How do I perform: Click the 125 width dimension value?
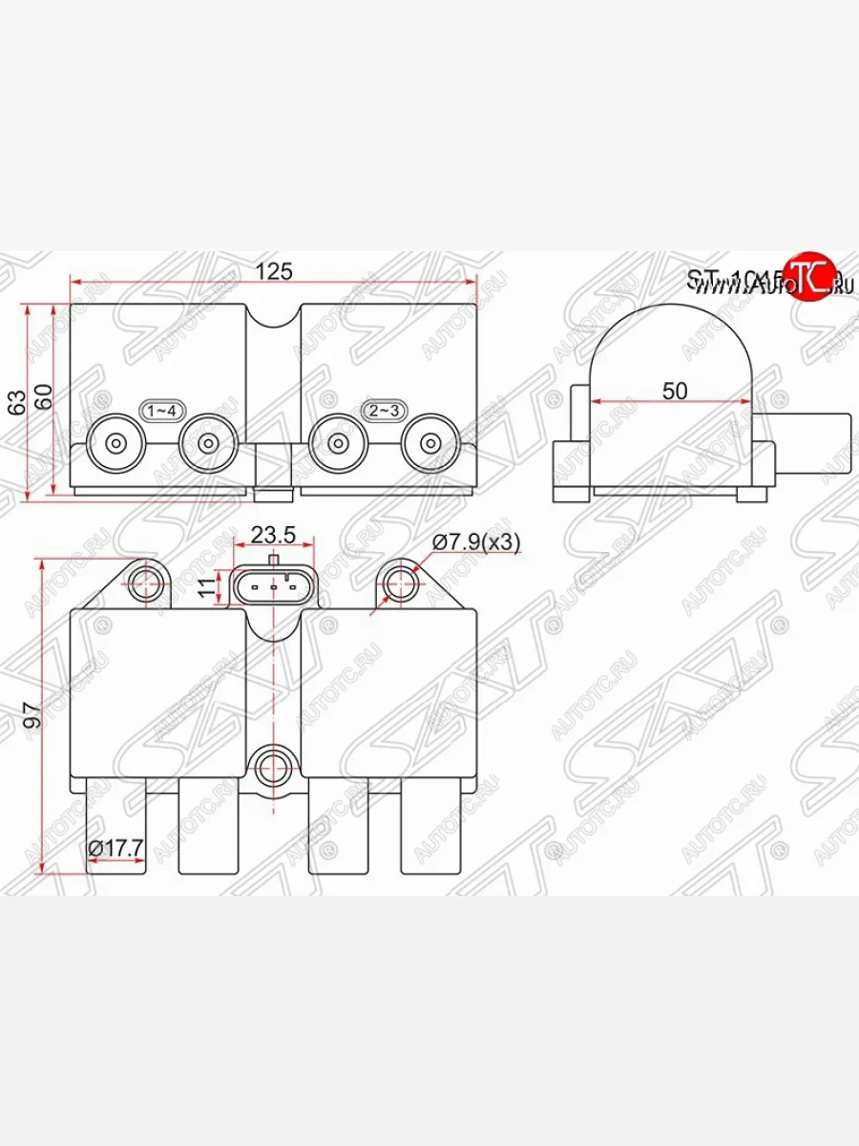(273, 271)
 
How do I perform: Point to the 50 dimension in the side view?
(674, 390)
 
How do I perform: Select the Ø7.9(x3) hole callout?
(475, 541)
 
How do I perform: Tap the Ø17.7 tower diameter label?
(115, 847)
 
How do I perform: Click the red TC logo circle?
(809, 278)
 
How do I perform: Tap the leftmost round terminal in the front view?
(115, 444)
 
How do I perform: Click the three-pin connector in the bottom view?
(273, 586)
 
